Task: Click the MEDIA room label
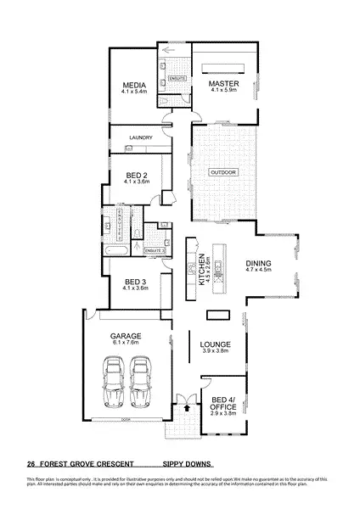(x=135, y=84)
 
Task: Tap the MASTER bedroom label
(x=224, y=83)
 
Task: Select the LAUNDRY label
(x=140, y=137)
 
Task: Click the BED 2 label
(x=136, y=176)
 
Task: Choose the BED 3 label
(x=136, y=282)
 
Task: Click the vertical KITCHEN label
(x=202, y=269)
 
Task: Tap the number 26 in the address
(x=31, y=464)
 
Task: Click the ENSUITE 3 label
(x=155, y=252)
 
